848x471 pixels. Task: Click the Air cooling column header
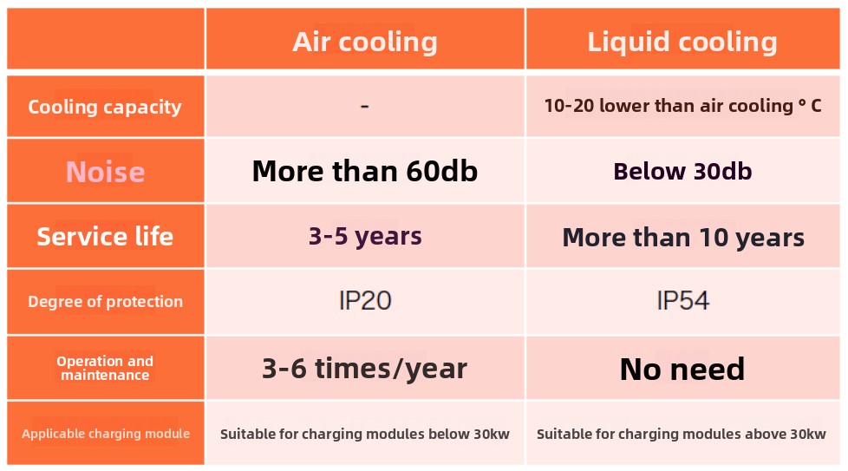point(364,42)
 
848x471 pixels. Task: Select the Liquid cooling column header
point(682,42)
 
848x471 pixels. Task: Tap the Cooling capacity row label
point(105,108)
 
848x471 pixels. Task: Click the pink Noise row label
point(105,172)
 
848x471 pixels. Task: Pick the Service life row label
point(105,236)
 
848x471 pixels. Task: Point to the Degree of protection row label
point(105,302)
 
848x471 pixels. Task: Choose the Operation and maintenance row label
point(105,368)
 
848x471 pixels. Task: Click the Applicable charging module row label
point(105,434)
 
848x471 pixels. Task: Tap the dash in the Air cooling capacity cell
point(364,106)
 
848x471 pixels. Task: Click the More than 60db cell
point(364,172)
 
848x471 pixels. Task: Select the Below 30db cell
point(682,172)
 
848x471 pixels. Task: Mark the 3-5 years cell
point(364,236)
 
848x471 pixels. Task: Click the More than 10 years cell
point(682,238)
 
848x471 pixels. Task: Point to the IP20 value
point(364,301)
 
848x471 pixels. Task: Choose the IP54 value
point(682,301)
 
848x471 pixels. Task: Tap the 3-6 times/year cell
point(364,369)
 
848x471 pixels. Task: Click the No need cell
point(682,370)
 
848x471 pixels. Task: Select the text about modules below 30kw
point(364,434)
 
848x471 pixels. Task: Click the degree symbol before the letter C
point(801,103)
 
